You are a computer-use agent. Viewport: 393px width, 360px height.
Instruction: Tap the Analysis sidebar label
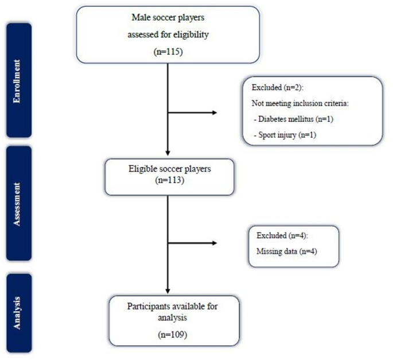point(18,313)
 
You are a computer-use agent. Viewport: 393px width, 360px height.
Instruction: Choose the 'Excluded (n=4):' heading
point(277,236)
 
